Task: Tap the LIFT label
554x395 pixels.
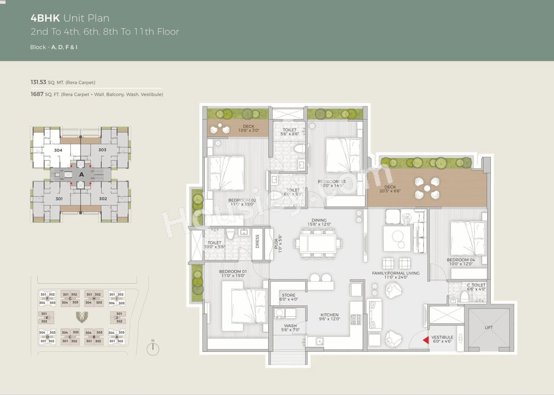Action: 489,328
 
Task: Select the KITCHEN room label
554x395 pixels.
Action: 329,315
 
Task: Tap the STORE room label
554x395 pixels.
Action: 288,296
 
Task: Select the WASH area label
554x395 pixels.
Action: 290,326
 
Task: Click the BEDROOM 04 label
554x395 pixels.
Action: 461,260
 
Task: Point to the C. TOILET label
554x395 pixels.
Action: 476,285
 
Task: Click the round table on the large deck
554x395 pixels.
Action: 427,188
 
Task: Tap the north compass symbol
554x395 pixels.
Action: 153,348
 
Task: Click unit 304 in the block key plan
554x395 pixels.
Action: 58,150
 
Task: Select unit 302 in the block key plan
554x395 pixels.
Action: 103,199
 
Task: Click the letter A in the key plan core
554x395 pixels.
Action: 81,175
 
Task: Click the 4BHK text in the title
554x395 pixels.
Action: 45,18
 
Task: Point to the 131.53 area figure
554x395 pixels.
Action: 38,82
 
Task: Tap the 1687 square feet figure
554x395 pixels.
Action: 37,94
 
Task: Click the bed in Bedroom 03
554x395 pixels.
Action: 343,155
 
